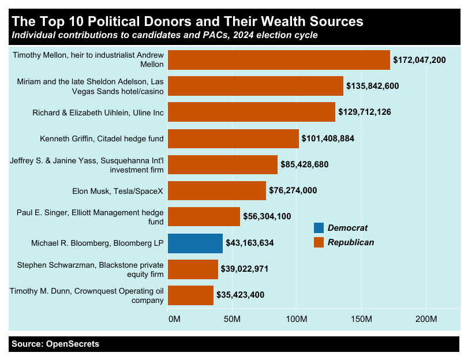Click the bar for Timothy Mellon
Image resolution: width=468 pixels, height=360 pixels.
click(x=279, y=60)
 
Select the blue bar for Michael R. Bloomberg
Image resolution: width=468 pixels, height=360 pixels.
click(x=195, y=243)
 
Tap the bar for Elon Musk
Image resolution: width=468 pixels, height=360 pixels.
click(x=217, y=190)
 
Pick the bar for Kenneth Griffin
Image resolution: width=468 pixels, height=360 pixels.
click(x=233, y=138)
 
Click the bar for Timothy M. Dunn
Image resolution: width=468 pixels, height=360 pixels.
click(x=190, y=295)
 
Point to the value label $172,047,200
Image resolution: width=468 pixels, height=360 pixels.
click(x=419, y=60)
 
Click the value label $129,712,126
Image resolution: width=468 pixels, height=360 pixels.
click(x=365, y=112)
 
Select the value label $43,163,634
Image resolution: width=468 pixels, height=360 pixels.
click(x=247, y=243)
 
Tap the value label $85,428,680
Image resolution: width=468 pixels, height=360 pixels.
click(x=304, y=164)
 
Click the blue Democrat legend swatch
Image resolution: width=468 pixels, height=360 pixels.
click(x=319, y=228)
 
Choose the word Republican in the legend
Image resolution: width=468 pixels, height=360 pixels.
click(x=350, y=242)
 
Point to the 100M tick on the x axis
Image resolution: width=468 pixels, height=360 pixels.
click(x=297, y=319)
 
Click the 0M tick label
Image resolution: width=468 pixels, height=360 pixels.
click(x=174, y=319)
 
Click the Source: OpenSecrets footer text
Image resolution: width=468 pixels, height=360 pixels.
click(x=55, y=344)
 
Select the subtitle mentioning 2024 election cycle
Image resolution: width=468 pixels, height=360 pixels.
click(x=164, y=36)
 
